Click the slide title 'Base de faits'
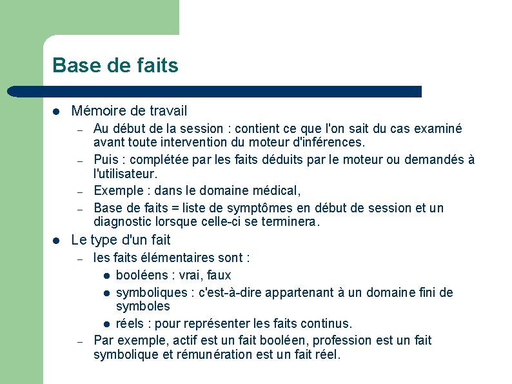tap(115, 65)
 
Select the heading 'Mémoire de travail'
tap(129, 111)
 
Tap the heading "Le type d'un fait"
tap(121, 240)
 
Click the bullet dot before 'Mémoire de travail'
tap(57, 112)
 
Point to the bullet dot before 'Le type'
tap(57, 241)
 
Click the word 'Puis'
tap(106, 159)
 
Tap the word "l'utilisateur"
tap(124, 174)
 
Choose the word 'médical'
tap(275, 190)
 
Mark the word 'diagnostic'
tap(123, 221)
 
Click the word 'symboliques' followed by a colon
tap(150, 292)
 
